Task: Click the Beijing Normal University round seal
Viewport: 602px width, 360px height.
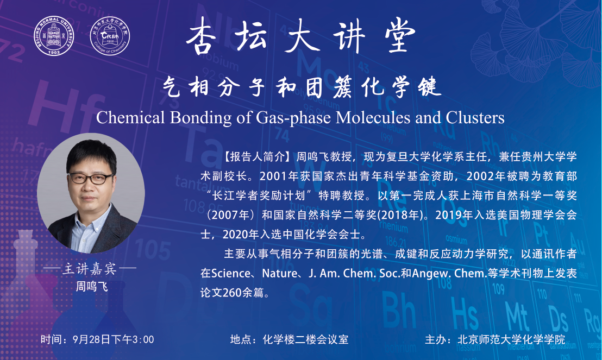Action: coord(54,36)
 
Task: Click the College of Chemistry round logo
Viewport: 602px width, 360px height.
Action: coord(110,36)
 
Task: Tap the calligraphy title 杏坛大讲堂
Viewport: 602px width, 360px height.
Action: coord(300,36)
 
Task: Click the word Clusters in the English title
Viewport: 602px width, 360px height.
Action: coord(475,117)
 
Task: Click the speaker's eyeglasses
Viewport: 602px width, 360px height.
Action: coord(91,179)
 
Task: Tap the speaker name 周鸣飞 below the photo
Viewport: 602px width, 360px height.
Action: coord(92,286)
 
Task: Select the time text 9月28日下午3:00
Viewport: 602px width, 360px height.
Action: coord(113,340)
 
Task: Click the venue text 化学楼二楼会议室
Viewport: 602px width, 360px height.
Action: coord(305,340)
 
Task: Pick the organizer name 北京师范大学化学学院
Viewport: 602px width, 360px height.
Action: coord(511,340)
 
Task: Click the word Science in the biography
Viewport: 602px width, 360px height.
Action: coord(231,273)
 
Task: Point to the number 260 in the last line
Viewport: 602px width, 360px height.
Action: coord(232,293)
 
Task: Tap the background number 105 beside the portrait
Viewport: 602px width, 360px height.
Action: coord(153,249)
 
